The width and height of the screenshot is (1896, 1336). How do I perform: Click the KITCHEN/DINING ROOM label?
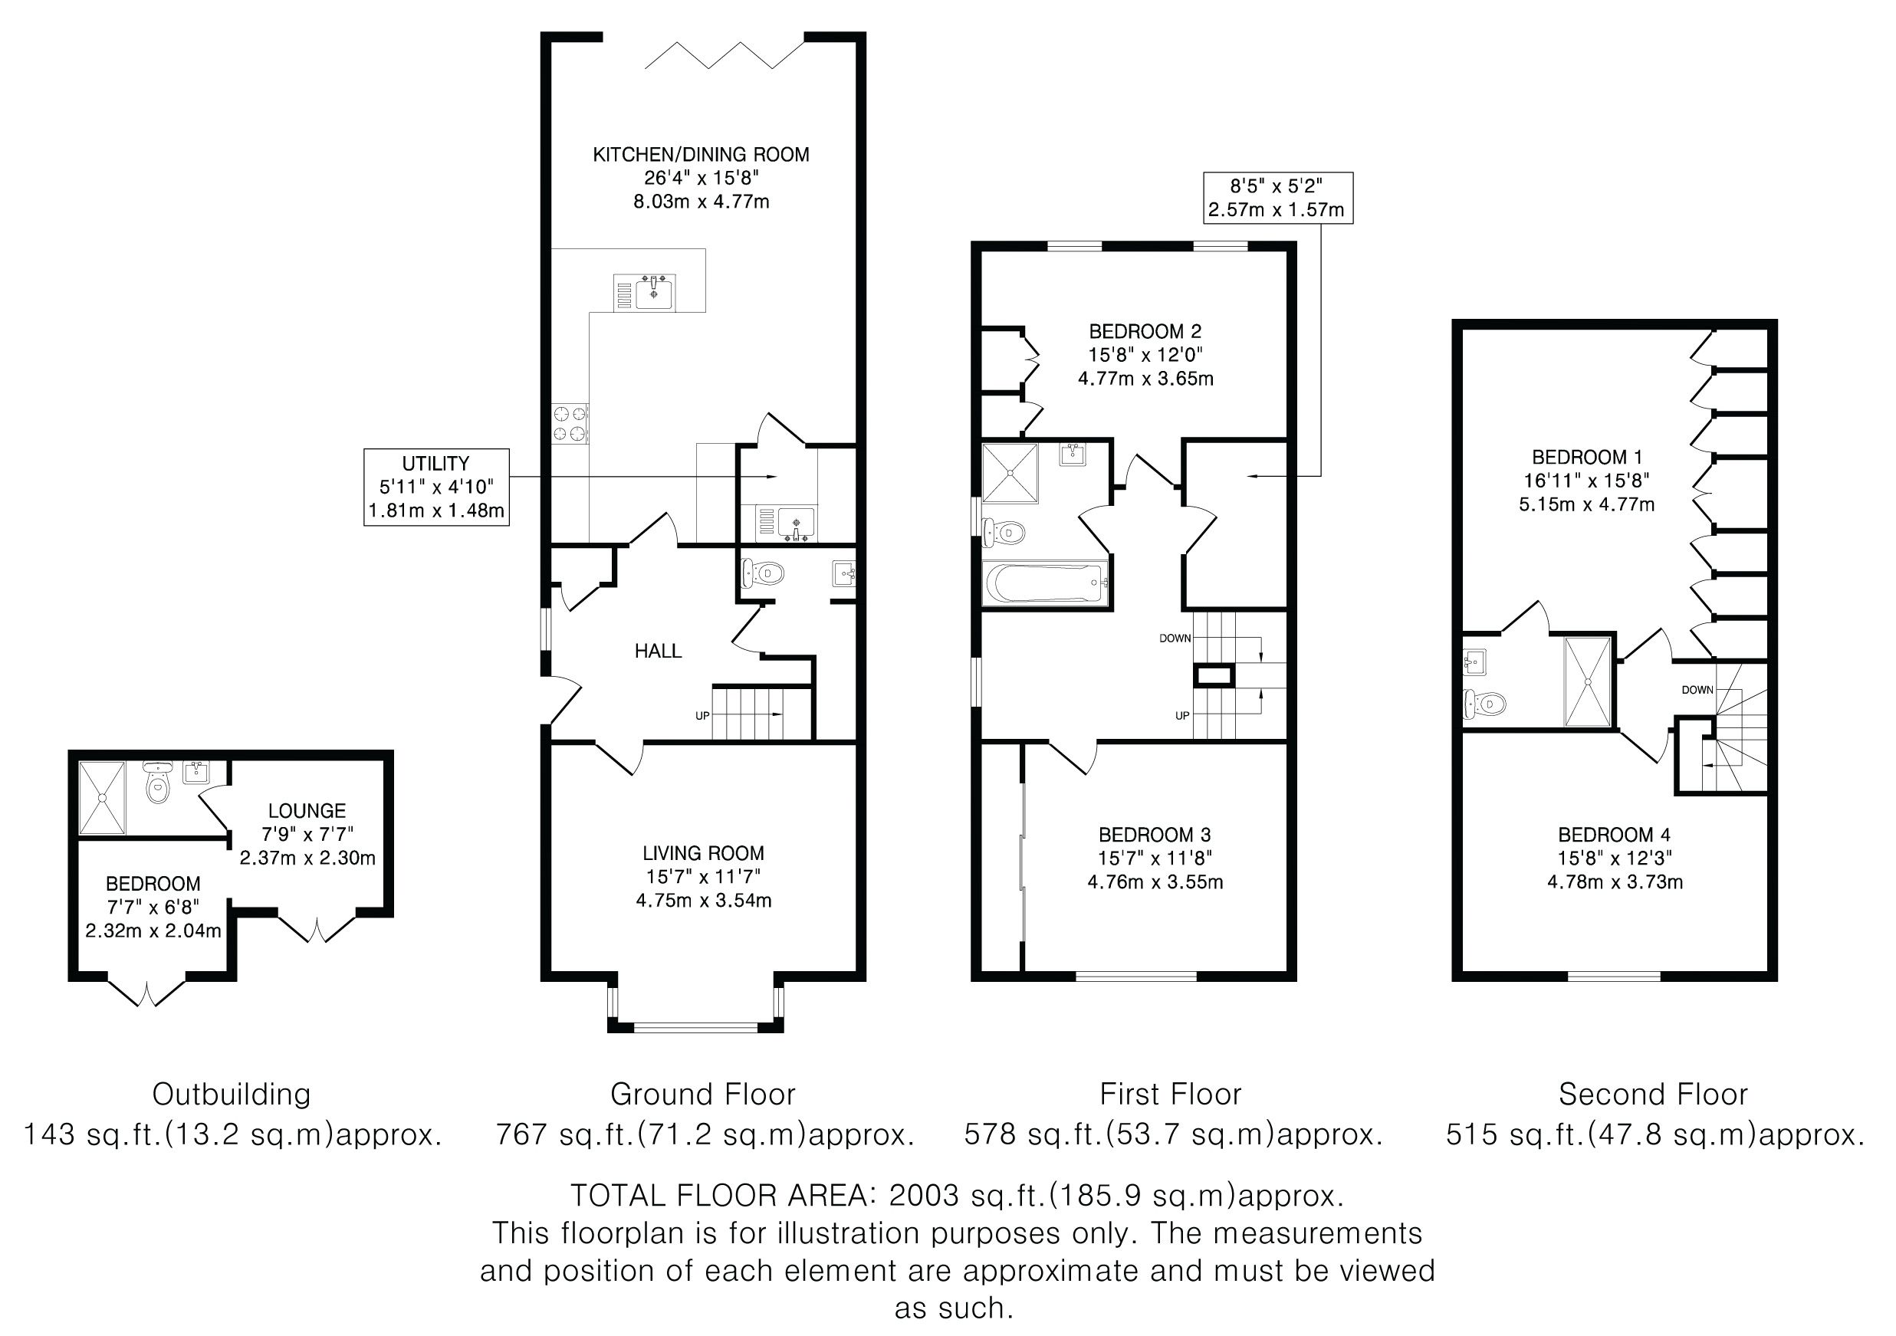tap(701, 154)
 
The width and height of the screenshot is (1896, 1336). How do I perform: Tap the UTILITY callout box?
tap(436, 487)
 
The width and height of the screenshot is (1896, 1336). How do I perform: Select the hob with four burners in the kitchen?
tap(570, 423)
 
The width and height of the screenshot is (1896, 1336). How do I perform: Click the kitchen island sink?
tap(654, 293)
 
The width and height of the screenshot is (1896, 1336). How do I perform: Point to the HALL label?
tap(658, 652)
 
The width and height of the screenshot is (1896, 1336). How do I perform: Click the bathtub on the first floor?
tap(1045, 583)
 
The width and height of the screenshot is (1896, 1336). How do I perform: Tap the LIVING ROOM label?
tap(704, 853)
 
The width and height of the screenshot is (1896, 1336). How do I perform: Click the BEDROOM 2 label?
tap(1145, 332)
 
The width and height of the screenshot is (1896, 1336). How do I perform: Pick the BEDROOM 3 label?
tap(1155, 835)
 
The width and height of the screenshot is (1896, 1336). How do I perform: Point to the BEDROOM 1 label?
tap(1587, 458)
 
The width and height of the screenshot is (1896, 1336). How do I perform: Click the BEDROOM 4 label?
tap(1615, 835)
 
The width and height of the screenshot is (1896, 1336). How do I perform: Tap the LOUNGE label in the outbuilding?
tap(307, 811)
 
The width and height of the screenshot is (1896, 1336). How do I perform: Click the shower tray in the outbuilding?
tap(103, 798)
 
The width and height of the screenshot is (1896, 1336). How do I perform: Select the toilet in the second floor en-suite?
tap(1484, 704)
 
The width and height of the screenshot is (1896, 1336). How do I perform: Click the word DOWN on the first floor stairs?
tap(1175, 638)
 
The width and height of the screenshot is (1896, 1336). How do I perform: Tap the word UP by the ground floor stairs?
tap(702, 716)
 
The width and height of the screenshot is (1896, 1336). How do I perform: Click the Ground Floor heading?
tap(703, 1095)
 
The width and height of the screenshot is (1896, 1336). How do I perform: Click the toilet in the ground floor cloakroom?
tap(762, 573)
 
